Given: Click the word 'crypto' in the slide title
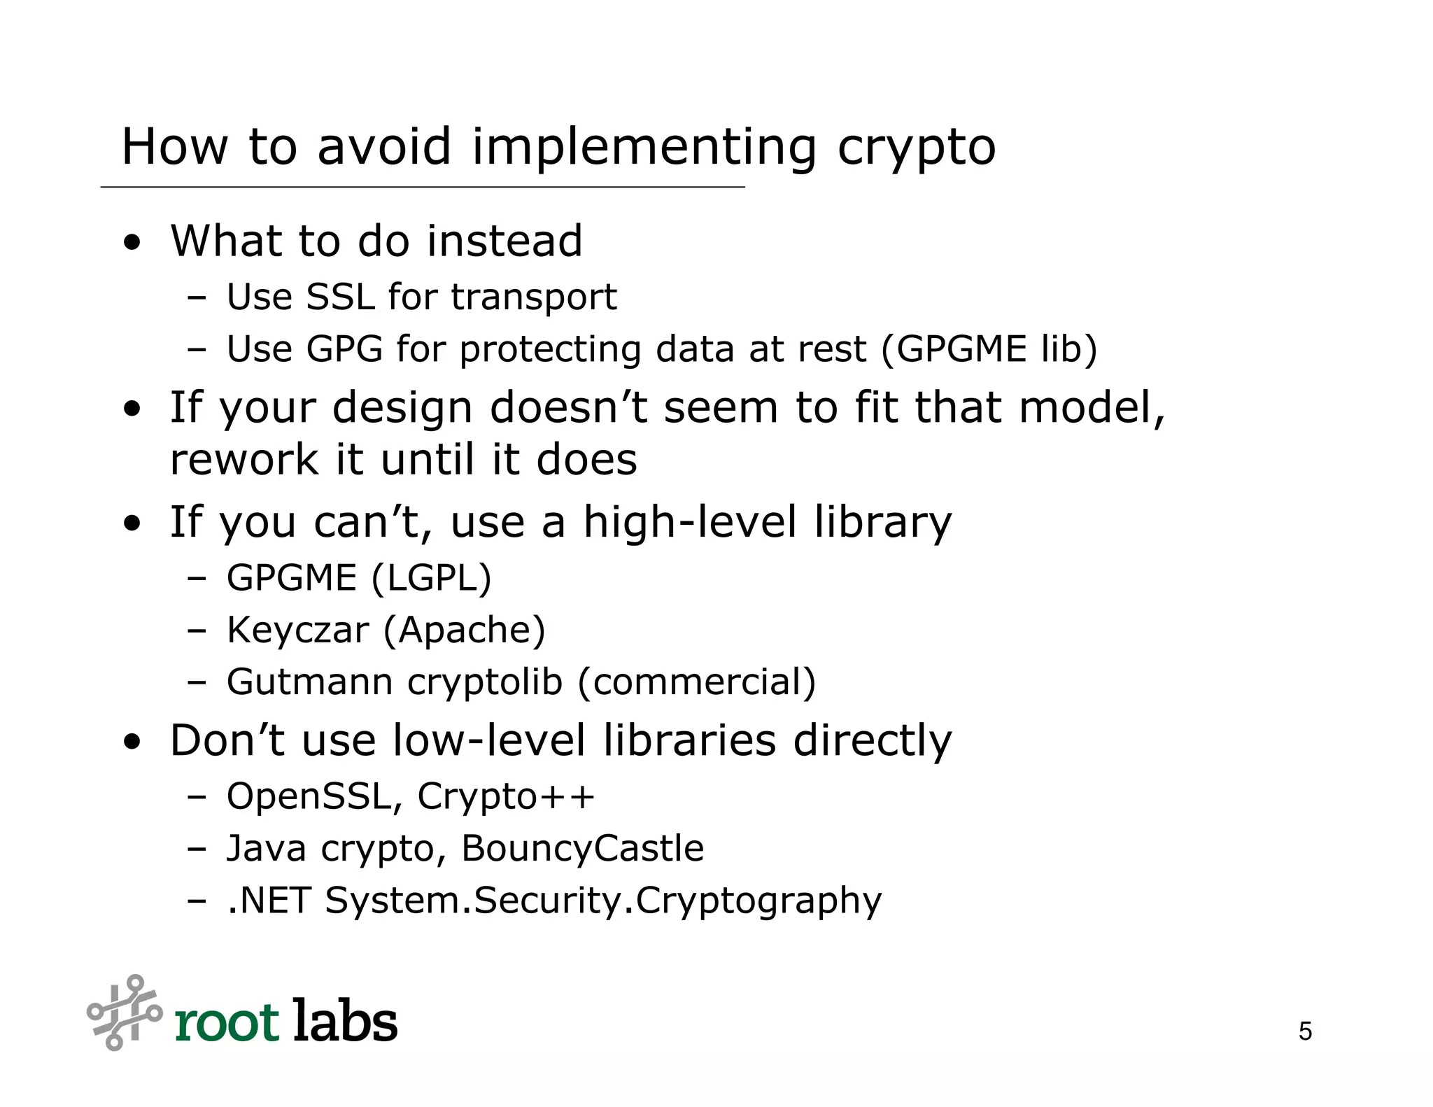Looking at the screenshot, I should point(916,148).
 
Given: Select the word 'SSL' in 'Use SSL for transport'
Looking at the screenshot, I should point(340,297).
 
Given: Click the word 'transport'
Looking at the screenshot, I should point(534,298).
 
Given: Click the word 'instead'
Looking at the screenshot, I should point(504,241).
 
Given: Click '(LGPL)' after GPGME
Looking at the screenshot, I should point(431,578).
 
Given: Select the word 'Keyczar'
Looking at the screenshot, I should point(297,630).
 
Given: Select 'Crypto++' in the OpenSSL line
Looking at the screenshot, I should point(506,796).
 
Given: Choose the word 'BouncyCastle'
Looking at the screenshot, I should point(582,848).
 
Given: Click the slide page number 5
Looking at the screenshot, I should point(1305,1031).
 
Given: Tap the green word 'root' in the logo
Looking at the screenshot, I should point(227,1023).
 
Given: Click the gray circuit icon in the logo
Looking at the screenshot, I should point(124,1013).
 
